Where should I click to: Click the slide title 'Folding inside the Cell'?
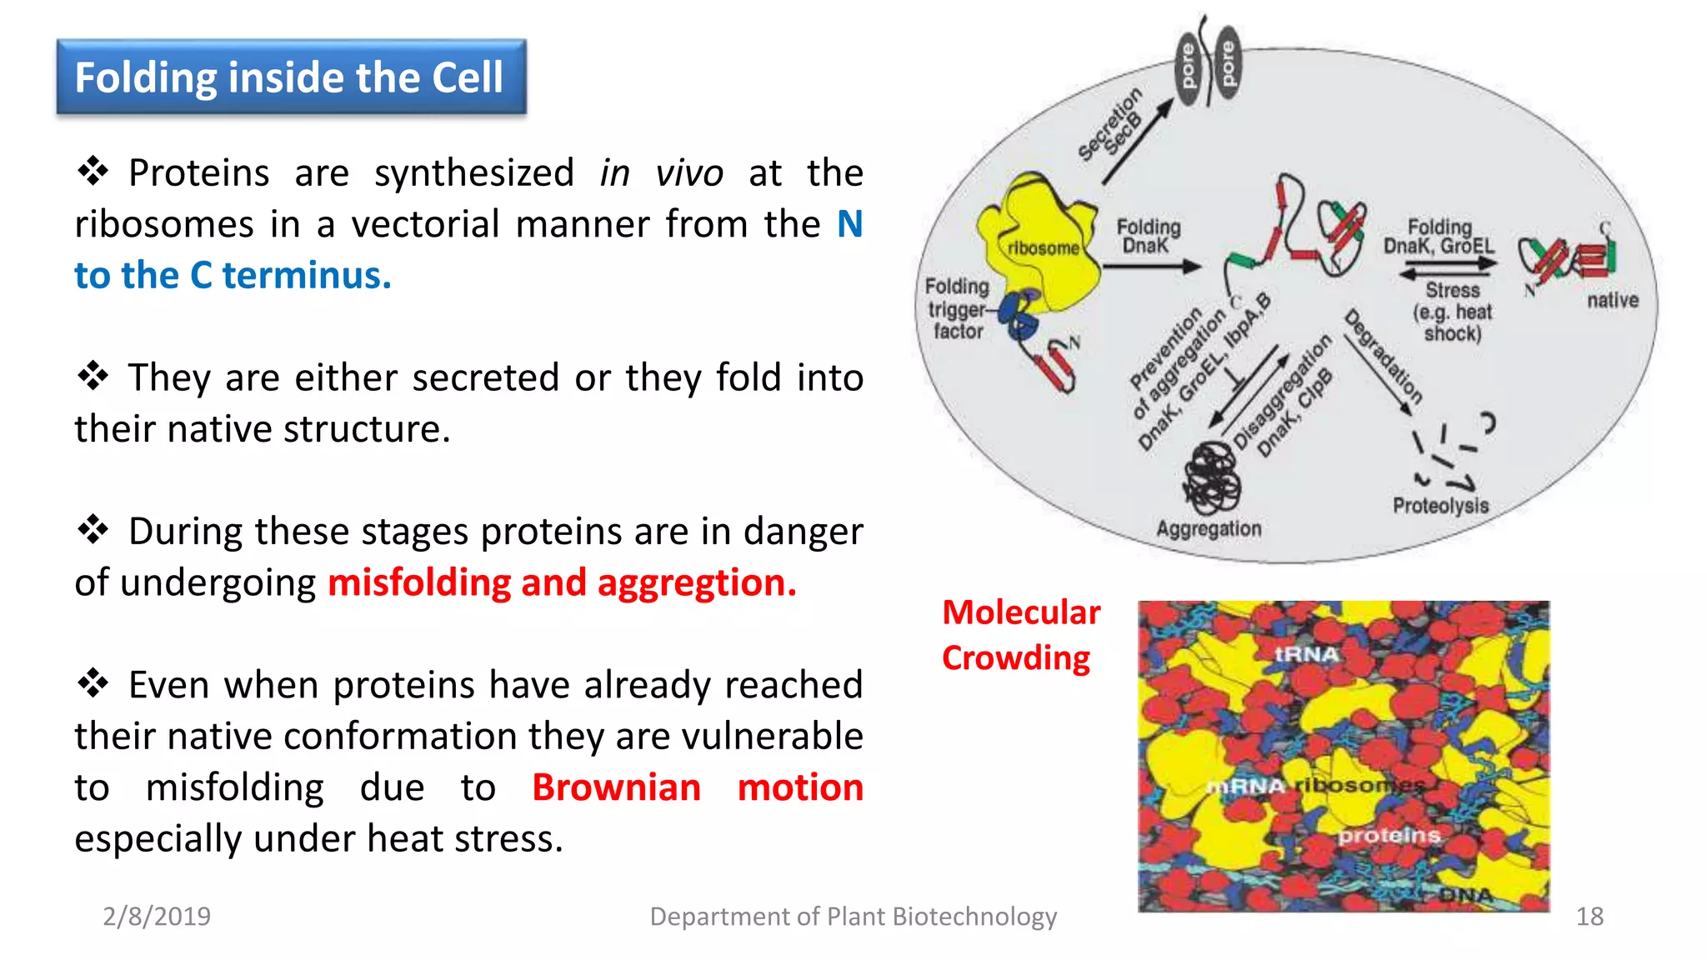click(289, 77)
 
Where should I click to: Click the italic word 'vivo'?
click(688, 173)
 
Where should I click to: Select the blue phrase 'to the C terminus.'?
click(233, 276)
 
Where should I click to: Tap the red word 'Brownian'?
click(616, 787)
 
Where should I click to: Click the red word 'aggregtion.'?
click(697, 582)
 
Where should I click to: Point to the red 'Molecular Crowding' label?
click(1020, 635)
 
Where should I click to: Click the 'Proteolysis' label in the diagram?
click(1440, 506)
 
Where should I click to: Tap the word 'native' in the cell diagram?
click(1612, 300)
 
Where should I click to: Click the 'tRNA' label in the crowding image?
click(1306, 654)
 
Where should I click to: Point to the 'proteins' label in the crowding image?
click(1389, 835)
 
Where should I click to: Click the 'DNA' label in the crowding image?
click(1466, 895)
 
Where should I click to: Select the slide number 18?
click(1589, 917)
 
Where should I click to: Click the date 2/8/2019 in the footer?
click(157, 917)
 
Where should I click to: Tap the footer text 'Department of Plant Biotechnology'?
click(853, 917)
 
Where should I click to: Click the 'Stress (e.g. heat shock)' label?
click(1452, 312)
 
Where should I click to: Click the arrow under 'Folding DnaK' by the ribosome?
click(1152, 267)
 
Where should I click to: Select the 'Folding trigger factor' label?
click(957, 309)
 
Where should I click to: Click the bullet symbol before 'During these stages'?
click(93, 530)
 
